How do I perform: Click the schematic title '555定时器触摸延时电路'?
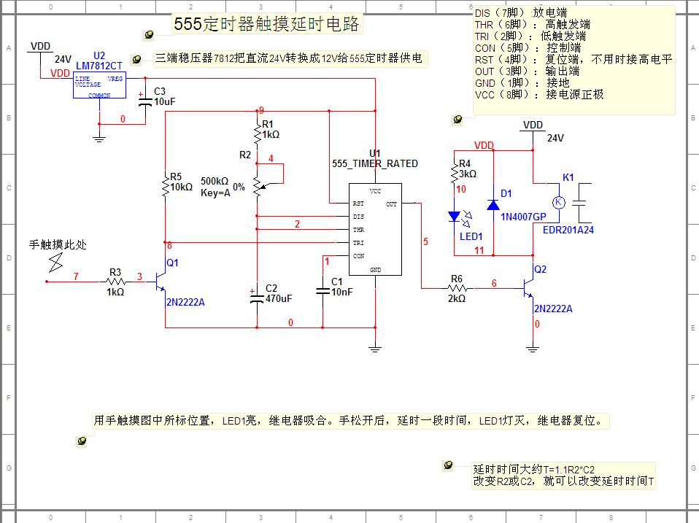point(266,24)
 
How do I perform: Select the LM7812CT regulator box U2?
point(99,85)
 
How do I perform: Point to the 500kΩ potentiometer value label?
point(215,181)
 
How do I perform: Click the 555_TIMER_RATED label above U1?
point(375,163)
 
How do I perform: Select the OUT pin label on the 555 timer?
point(391,204)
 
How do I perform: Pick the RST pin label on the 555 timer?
point(358,204)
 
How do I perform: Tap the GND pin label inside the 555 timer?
point(375,269)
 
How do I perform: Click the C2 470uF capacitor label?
point(278,293)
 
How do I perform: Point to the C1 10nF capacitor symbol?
point(323,291)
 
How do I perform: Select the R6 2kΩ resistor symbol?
point(457,289)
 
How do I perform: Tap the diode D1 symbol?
point(493,205)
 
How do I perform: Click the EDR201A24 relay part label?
point(568,229)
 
